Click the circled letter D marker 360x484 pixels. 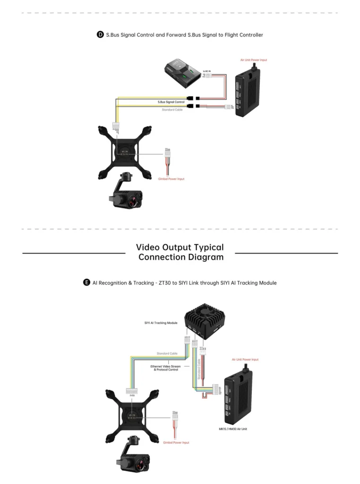[100, 35]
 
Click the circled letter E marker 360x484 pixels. [86, 283]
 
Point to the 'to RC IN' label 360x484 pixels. [207, 71]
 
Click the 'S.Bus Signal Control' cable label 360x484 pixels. [171, 102]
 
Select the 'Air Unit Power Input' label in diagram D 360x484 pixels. [253, 60]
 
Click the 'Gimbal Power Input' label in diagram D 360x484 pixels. [171, 179]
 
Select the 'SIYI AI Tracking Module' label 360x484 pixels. [161, 323]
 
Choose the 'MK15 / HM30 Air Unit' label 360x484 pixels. [234, 429]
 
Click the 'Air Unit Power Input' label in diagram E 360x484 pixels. [245, 360]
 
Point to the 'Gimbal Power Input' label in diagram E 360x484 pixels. [176, 443]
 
